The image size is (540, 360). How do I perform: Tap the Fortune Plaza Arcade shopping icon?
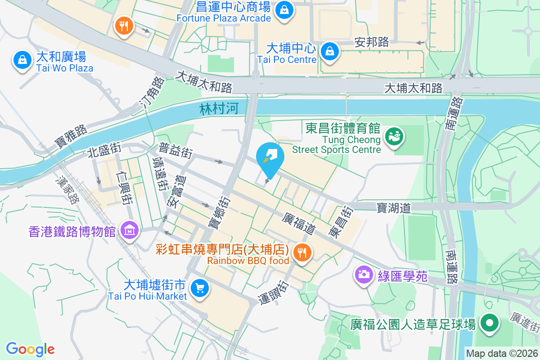284,9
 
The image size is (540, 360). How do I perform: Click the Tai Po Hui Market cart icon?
199,288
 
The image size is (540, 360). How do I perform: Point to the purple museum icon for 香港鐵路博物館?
129,231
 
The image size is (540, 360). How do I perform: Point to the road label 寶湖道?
394,207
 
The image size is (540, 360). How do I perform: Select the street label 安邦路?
372,42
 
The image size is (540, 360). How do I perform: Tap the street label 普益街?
175,150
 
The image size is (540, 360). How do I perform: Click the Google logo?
30,349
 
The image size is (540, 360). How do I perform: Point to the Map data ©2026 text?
502,354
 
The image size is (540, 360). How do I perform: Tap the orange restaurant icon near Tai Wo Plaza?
123,26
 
